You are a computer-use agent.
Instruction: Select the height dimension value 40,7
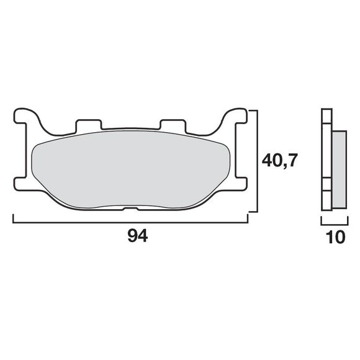pos(280,161)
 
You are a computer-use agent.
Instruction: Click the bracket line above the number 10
pos(333,220)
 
